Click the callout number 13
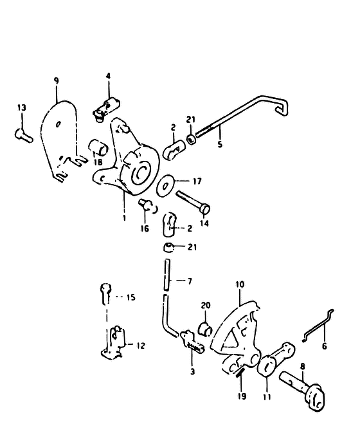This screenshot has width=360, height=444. pos(21,107)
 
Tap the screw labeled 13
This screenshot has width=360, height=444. pos(24,136)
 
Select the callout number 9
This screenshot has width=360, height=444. pos(57,80)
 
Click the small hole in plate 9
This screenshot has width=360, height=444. pos(58,124)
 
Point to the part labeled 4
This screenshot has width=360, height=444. pos(106,109)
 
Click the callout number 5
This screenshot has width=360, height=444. pos(220,144)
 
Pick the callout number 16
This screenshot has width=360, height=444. pos(145,228)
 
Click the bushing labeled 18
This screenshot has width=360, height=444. pos(98,147)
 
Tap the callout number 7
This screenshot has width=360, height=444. pos(190,281)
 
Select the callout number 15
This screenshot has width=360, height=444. pos(131,297)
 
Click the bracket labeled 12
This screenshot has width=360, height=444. pos(113,343)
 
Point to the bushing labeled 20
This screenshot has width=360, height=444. pos(206,328)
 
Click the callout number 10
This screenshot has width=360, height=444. pos(240,284)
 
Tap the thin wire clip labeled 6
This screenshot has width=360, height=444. pos(318,326)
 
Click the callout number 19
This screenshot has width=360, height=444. pos(242,396)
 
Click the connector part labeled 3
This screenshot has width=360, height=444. pos(193,342)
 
